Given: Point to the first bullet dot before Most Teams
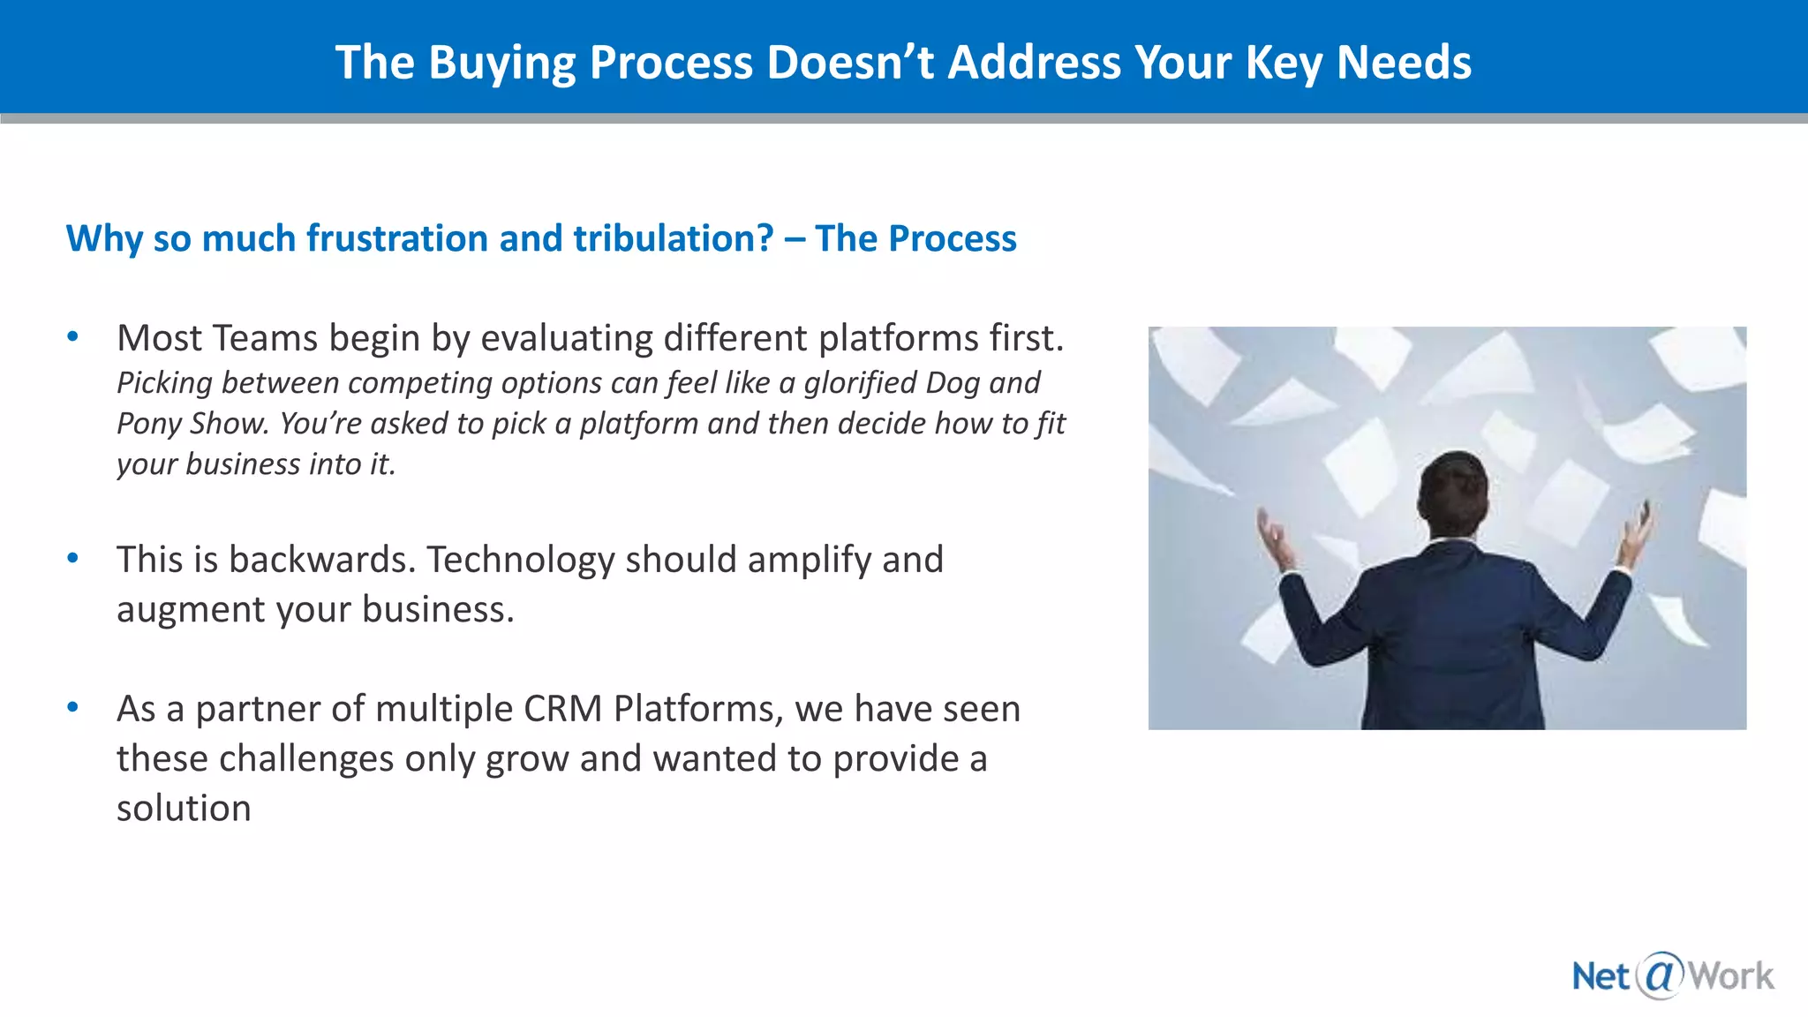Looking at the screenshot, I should tap(73, 336).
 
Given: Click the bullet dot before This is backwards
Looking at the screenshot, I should tap(73, 558).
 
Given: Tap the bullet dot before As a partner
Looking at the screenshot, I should tap(73, 707).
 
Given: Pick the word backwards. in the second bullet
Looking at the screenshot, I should tap(322, 560).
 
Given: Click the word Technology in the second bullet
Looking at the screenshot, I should tap(521, 560).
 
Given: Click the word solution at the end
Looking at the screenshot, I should tap(184, 809).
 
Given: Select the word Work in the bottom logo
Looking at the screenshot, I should tap(1730, 976).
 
